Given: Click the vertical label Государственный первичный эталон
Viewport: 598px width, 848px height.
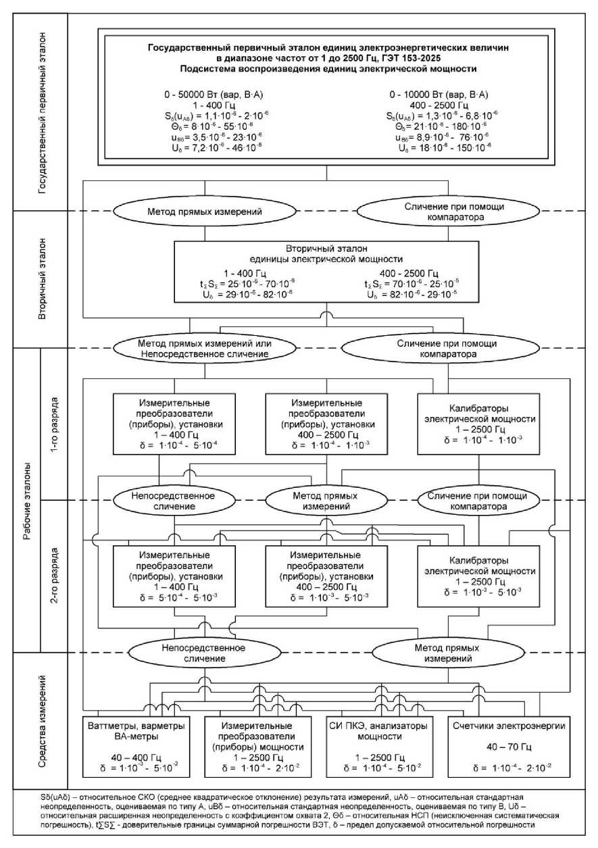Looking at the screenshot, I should [x=45, y=111].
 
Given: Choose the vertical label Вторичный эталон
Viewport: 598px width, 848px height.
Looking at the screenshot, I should [x=45, y=278].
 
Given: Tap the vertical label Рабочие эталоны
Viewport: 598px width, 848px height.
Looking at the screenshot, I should [x=26, y=501].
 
